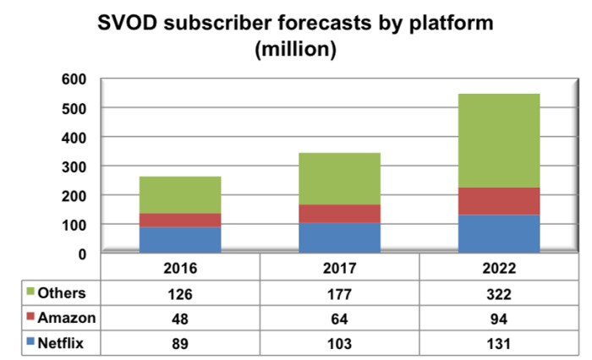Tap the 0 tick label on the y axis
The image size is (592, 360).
pos(82,254)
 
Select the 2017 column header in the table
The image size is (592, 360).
pos(342,269)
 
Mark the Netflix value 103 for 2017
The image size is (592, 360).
pos(342,342)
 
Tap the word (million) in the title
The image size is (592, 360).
pos(296,50)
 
